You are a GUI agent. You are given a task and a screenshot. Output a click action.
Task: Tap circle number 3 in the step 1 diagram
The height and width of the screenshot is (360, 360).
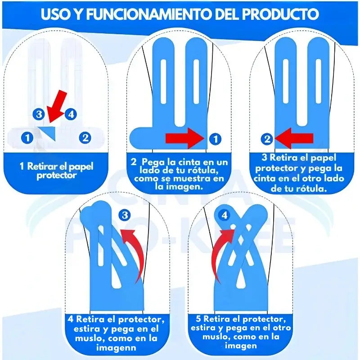pyautogui.click(x=39, y=114)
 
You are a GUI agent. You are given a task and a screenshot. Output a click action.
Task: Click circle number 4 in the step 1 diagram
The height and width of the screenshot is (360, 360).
pyautogui.click(x=71, y=114)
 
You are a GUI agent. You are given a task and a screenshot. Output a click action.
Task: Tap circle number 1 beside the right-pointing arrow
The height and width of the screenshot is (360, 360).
pyautogui.click(x=216, y=139)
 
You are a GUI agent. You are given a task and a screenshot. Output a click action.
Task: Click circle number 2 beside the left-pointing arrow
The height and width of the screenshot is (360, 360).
pyautogui.click(x=268, y=139)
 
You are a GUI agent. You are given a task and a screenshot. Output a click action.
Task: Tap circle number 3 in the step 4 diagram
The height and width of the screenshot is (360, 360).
pyautogui.click(x=125, y=216)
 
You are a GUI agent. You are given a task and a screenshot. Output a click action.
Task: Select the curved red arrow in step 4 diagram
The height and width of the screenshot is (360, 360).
pyautogui.click(x=137, y=252)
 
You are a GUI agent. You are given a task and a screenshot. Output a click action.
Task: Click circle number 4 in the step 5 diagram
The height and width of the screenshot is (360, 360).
pyautogui.click(x=225, y=216)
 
